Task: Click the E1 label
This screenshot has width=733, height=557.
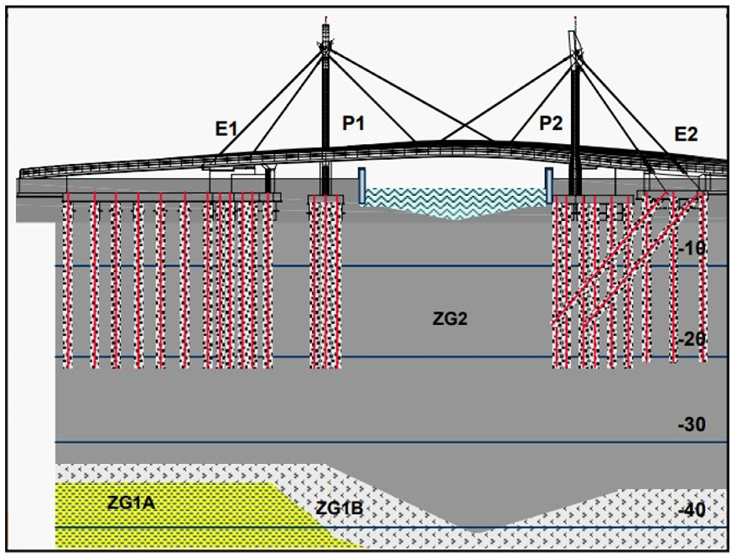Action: point(226,129)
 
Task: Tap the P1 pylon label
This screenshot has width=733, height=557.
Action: point(353,124)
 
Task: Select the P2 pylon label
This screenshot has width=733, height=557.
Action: point(551,124)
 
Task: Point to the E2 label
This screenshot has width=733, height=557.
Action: point(686,134)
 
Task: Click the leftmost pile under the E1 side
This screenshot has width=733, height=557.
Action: point(68,282)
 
